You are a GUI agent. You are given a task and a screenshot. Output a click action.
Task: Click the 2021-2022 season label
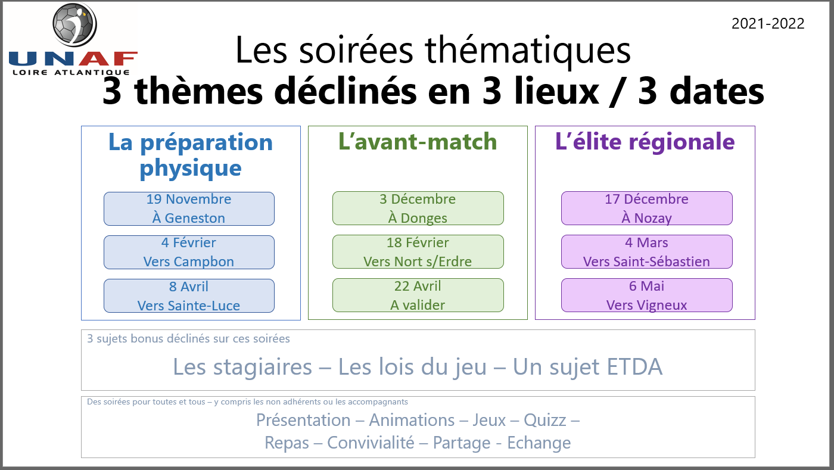[x=768, y=23]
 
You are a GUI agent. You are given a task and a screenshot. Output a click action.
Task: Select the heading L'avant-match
[x=417, y=142]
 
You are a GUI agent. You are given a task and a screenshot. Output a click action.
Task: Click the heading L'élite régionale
[x=645, y=142]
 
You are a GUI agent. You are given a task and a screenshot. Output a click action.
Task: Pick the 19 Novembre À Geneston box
[x=189, y=208]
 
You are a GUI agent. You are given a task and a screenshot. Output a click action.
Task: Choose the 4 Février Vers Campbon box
[x=189, y=252]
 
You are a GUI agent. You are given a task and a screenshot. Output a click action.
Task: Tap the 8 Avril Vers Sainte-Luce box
[x=189, y=296]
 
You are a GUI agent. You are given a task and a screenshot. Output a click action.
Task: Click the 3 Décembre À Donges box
[x=418, y=208]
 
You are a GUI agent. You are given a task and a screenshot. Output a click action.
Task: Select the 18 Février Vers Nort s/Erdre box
[x=418, y=252]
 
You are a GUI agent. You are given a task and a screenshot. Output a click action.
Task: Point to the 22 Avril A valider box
[x=418, y=295]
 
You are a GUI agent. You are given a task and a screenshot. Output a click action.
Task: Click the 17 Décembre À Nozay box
[x=646, y=208]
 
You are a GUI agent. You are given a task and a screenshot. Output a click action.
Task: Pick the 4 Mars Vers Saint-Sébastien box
[x=646, y=252]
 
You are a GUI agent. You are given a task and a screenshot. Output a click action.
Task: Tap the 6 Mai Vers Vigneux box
[x=646, y=295]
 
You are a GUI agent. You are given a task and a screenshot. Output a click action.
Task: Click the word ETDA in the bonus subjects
[x=634, y=367]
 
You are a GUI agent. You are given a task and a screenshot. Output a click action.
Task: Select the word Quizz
[x=545, y=421]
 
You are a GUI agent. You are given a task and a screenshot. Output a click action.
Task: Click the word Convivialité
[x=371, y=443]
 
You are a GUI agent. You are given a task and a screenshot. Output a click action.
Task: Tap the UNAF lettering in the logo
[x=73, y=59]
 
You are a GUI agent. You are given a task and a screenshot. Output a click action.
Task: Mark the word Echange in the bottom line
[x=539, y=443]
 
